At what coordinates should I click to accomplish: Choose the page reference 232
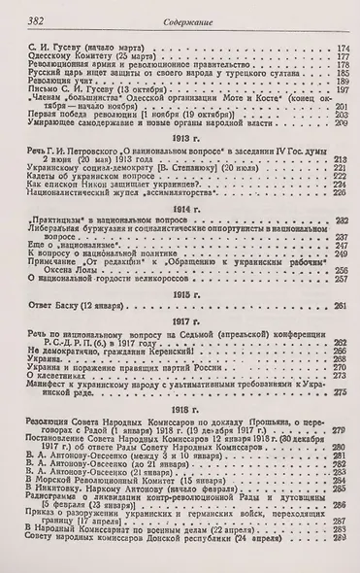tap(340, 221)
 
